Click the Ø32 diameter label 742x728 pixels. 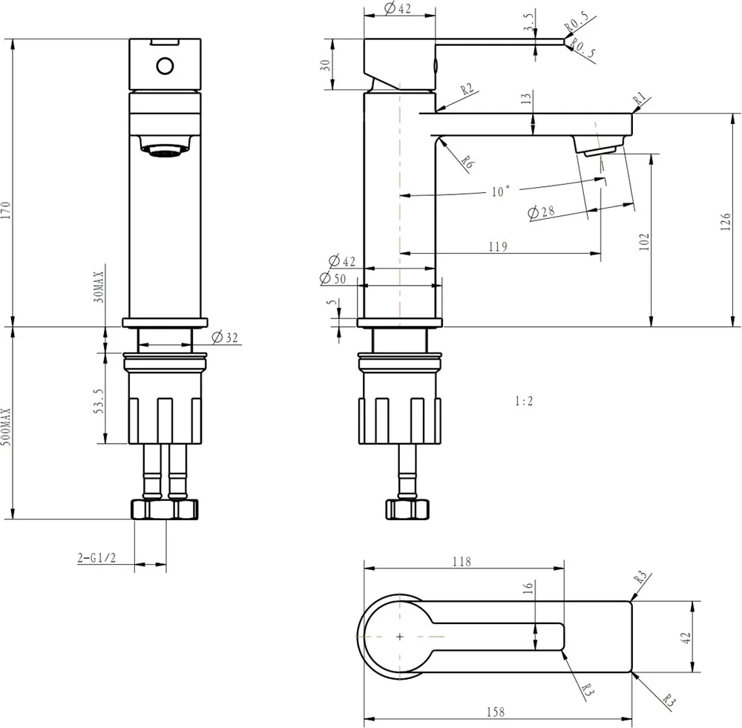pos(225,338)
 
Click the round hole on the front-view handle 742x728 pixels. pos(165,66)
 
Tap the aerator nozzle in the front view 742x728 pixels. pos(165,151)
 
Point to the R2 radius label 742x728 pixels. pos(466,90)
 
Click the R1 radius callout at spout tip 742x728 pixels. pos(640,99)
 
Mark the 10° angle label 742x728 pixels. pos(501,192)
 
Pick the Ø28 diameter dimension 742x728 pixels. pos(542,212)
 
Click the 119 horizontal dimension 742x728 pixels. pos(498,247)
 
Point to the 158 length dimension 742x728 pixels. pos(496,712)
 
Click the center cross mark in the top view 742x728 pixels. pos(400,637)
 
